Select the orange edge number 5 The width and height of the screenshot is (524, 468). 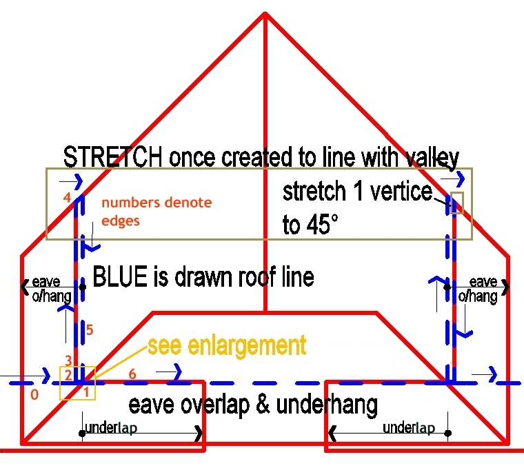click(x=90, y=330)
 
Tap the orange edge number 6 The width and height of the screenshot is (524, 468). click(x=132, y=373)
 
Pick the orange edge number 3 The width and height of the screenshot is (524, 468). click(x=68, y=360)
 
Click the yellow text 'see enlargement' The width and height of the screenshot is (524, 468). click(x=227, y=345)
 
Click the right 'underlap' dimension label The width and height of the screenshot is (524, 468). click(x=408, y=428)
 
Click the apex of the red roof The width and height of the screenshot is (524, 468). click(x=264, y=14)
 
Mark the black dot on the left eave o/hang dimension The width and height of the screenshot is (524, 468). click(x=83, y=286)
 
